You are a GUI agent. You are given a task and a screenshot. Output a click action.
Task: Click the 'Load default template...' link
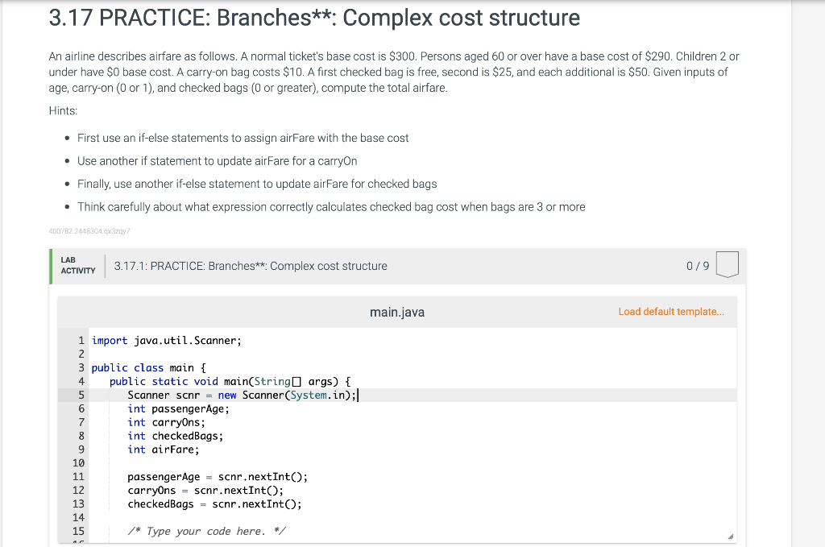(x=671, y=312)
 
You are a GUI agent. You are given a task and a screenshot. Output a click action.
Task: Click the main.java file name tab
(x=396, y=312)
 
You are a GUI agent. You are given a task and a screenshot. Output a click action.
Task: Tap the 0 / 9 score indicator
(x=698, y=266)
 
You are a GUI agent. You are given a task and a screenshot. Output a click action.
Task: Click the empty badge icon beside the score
(x=726, y=265)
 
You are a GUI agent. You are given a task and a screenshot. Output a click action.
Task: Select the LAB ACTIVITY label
(x=77, y=266)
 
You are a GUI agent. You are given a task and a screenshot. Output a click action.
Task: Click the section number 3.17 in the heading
(x=73, y=19)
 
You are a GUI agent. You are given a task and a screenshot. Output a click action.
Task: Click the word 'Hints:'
(x=63, y=111)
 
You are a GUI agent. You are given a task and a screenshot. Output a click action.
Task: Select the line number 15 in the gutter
(x=79, y=531)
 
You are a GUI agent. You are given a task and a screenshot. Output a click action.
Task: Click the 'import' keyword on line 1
(x=110, y=341)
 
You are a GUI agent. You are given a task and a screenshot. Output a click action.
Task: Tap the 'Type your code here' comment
(x=206, y=531)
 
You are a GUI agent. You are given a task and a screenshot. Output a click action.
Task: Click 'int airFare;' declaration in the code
(x=163, y=450)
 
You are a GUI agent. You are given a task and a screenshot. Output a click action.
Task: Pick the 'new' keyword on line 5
(x=227, y=395)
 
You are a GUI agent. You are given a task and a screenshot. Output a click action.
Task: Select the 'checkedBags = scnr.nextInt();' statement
(x=214, y=504)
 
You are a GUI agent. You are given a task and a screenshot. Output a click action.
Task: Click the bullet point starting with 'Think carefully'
(x=331, y=207)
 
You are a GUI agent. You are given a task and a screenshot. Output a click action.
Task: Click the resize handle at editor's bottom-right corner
(x=730, y=537)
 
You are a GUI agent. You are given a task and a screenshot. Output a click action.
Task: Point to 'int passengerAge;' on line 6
(x=178, y=408)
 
